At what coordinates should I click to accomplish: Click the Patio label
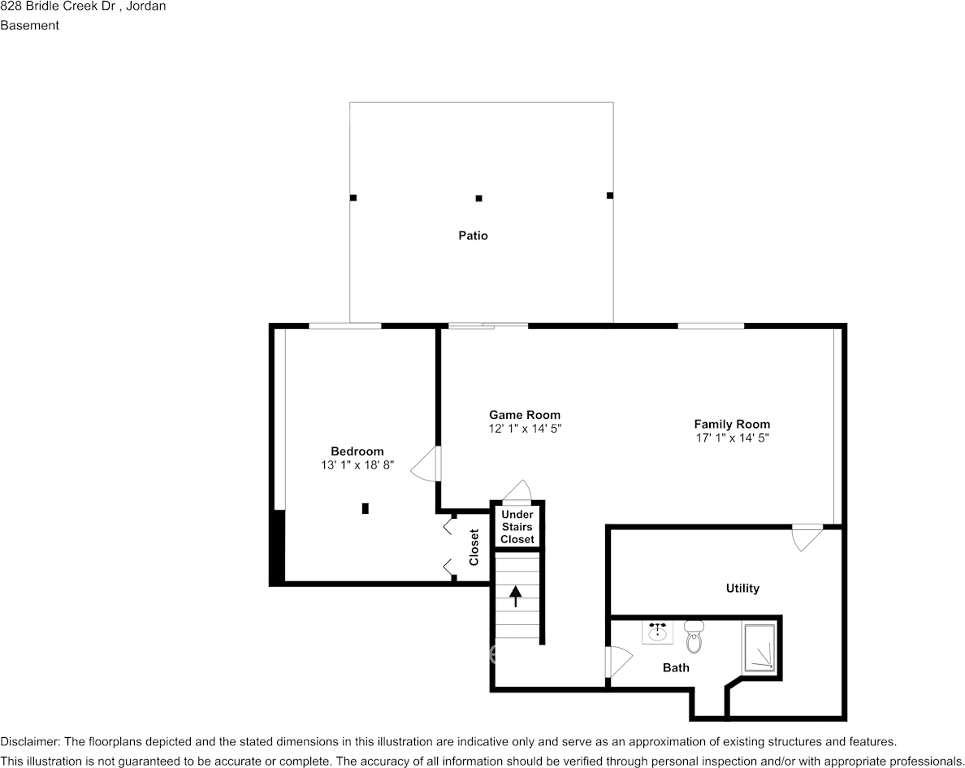[473, 236]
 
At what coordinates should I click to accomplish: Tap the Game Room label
[524, 415]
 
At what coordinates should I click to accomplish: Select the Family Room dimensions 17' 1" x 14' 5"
[732, 438]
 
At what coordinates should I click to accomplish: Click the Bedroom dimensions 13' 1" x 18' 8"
[357, 465]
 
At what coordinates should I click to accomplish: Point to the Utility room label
[742, 589]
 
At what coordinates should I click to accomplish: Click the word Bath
[676, 668]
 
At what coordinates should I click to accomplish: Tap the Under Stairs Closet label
[517, 527]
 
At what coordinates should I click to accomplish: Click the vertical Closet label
[474, 547]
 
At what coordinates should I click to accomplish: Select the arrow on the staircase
[516, 596]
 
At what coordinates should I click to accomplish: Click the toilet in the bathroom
[694, 637]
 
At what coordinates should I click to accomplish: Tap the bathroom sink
[657, 632]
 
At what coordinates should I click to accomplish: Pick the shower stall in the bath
[759, 648]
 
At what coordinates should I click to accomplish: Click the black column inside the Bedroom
[366, 508]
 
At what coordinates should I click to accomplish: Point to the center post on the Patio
[479, 198]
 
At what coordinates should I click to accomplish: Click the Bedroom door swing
[426, 465]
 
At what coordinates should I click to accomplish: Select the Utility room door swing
[806, 537]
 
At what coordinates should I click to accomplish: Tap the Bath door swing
[618, 662]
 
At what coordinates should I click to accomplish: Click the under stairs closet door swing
[516, 491]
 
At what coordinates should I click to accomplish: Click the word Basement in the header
[29, 25]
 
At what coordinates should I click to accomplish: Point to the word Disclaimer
[29, 742]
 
